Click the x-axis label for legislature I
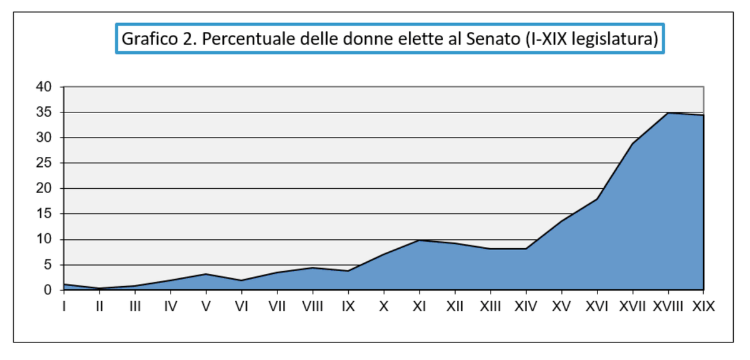point(64,307)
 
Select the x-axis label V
point(206,307)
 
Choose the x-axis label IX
point(348,307)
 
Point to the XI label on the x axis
point(419,307)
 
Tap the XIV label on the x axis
point(526,307)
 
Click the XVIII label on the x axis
point(668,307)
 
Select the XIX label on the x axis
point(703,307)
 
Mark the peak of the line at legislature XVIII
point(669,112)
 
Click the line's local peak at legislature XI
point(419,240)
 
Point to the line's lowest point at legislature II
point(100,288)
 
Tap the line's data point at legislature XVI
point(597,199)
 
